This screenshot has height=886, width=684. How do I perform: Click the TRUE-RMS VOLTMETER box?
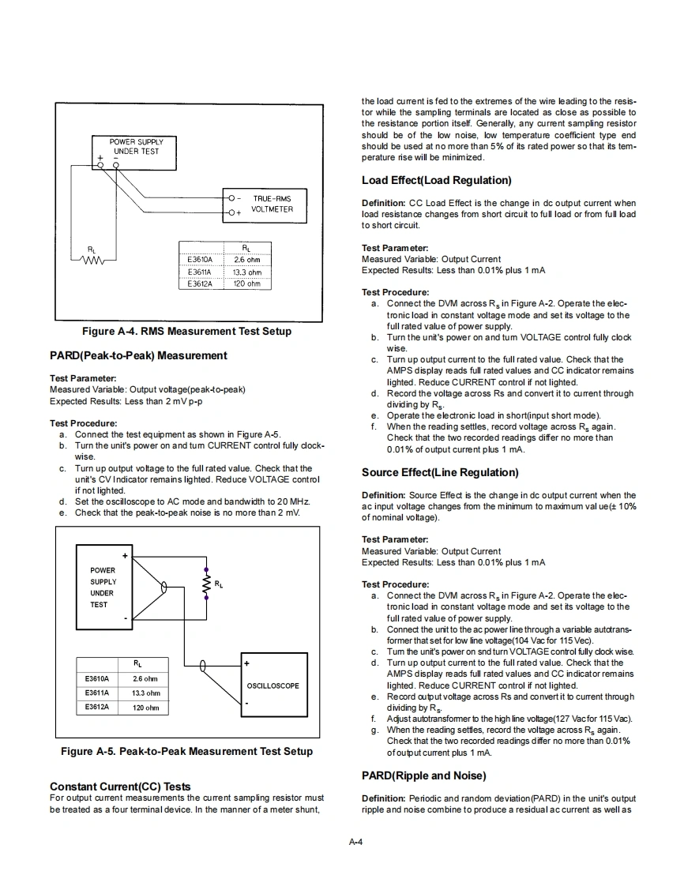pos(266,204)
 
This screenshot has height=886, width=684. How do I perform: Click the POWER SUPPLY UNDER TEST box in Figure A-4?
pos(137,147)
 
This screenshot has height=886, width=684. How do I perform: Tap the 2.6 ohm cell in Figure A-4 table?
pos(247,259)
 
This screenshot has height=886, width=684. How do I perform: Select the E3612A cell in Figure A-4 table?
pos(200,283)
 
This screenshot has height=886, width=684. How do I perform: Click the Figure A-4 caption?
pos(186,332)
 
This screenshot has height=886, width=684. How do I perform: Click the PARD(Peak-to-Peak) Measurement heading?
pos(138,356)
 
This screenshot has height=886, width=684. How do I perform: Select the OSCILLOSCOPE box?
pos(273,685)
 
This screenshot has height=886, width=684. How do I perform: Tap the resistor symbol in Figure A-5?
pos(207,584)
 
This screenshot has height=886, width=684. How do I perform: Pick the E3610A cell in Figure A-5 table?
pos(96,678)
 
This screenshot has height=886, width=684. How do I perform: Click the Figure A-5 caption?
pos(186,752)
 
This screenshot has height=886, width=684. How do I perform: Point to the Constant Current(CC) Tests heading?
pos(120,787)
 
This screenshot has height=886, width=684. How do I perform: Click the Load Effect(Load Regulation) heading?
pos(437,181)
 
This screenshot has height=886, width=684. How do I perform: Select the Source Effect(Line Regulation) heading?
pos(440,473)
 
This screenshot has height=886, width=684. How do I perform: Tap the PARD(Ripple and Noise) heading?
pos(424,775)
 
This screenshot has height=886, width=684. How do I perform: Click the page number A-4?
pos(355,842)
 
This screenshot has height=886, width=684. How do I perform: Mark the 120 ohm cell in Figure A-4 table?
pos(247,283)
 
